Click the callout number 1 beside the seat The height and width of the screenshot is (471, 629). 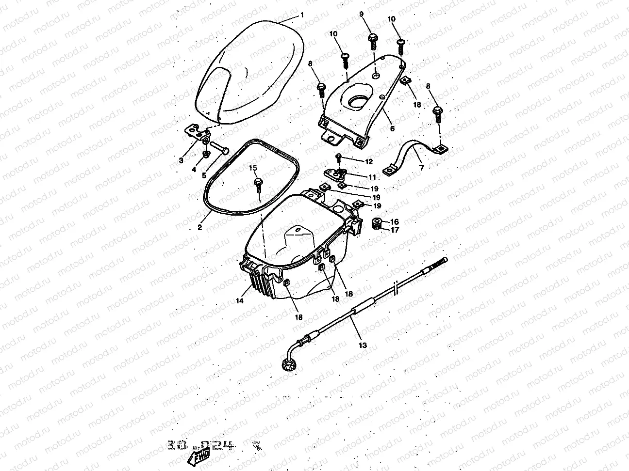click(x=301, y=15)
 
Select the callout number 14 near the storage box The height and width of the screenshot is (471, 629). click(x=239, y=301)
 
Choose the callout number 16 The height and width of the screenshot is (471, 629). click(x=395, y=221)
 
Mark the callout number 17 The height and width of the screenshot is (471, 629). click(x=395, y=230)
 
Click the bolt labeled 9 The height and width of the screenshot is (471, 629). click(x=374, y=39)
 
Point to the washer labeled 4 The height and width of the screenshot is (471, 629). click(x=206, y=154)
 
